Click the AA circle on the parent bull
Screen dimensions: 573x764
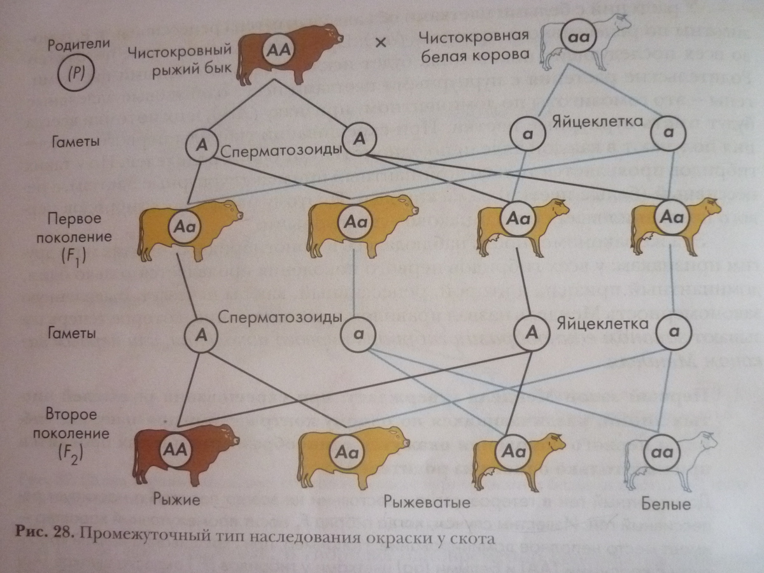[279, 48]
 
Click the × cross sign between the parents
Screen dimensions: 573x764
[381, 42]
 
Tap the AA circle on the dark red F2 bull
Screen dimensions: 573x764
[173, 449]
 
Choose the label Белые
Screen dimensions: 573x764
[667, 505]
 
